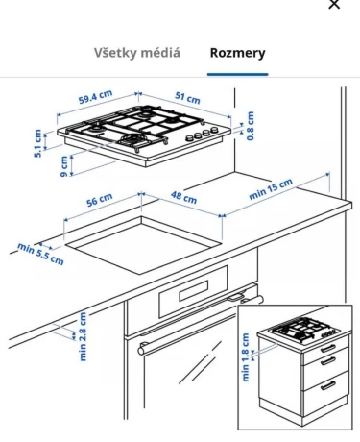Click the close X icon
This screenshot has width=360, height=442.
point(334,4)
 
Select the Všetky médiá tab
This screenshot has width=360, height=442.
point(137,53)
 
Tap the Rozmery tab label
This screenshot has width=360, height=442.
point(237,53)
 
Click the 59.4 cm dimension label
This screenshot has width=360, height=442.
point(95,97)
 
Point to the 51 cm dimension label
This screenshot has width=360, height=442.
point(187,98)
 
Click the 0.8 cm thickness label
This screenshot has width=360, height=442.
point(251,126)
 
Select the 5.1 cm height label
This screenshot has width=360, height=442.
point(37,143)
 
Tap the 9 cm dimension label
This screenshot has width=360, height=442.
point(64,166)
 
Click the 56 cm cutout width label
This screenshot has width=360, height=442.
point(100,200)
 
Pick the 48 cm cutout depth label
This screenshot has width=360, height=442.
point(183,197)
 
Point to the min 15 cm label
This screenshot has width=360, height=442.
point(271,189)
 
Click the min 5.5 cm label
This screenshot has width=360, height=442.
point(40,254)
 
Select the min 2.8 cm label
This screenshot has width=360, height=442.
point(83,336)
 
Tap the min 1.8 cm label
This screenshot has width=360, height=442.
point(246,357)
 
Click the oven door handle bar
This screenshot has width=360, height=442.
point(201,324)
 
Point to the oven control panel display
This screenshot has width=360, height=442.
point(194,291)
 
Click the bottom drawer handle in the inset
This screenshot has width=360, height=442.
point(327,385)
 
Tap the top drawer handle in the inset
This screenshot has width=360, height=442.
point(328,348)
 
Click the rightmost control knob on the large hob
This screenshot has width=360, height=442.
point(214,130)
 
